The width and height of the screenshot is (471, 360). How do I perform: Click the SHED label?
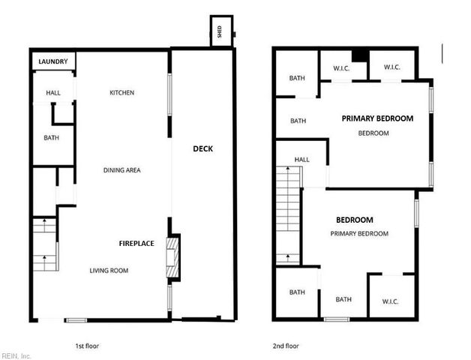220,31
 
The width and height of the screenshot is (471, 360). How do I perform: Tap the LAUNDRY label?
52,61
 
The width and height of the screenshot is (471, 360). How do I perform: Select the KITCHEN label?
122,93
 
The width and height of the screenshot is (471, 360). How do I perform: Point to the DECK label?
203,148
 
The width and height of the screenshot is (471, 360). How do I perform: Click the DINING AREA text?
122,170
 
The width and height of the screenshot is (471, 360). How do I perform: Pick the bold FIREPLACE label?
136,243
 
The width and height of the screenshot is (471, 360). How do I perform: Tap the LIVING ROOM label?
109,271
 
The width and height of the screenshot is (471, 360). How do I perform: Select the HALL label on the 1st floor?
52,93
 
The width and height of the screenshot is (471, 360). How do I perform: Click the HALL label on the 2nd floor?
301,160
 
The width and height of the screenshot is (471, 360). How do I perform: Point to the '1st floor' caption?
88,346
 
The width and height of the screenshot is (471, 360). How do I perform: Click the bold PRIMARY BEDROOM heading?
377,118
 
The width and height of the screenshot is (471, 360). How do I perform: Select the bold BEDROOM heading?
355,220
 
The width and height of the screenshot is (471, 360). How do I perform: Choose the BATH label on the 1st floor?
51,138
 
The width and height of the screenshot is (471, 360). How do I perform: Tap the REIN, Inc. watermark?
16,355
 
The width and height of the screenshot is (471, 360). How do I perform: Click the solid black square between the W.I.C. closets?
359,54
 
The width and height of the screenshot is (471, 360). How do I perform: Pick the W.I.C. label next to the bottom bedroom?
390,301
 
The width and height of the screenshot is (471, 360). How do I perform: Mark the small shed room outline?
221,31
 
